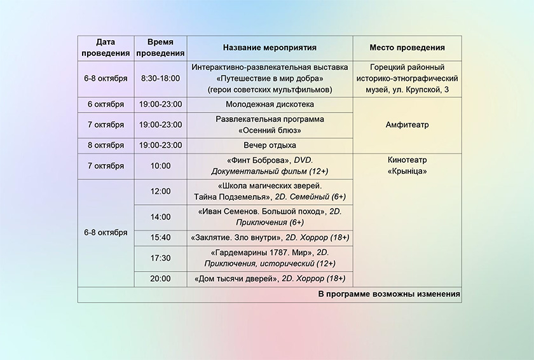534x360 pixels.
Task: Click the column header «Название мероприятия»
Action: pos(270,48)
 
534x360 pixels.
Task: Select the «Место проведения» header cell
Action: pos(407,48)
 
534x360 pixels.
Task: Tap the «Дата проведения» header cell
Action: pos(106,48)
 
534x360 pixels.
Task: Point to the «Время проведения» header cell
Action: pos(160,48)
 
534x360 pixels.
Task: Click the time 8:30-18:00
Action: pos(160,78)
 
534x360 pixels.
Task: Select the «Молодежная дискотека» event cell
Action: pos(270,104)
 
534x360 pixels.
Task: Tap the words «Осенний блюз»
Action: pos(270,130)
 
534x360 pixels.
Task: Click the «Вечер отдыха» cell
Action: pos(270,146)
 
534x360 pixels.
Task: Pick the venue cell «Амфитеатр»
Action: pos(407,125)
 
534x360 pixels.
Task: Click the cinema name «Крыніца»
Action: pos(407,171)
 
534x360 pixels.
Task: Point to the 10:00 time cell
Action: pos(160,166)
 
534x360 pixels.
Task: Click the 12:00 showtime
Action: pos(160,191)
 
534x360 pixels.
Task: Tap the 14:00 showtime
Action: pos(160,217)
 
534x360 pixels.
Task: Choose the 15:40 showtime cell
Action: pos(160,238)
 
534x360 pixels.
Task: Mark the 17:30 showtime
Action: pos(160,258)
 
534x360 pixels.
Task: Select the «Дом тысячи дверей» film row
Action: pos(270,279)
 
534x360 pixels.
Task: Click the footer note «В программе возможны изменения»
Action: pos(389,294)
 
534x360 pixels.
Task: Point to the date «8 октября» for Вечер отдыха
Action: pos(106,146)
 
